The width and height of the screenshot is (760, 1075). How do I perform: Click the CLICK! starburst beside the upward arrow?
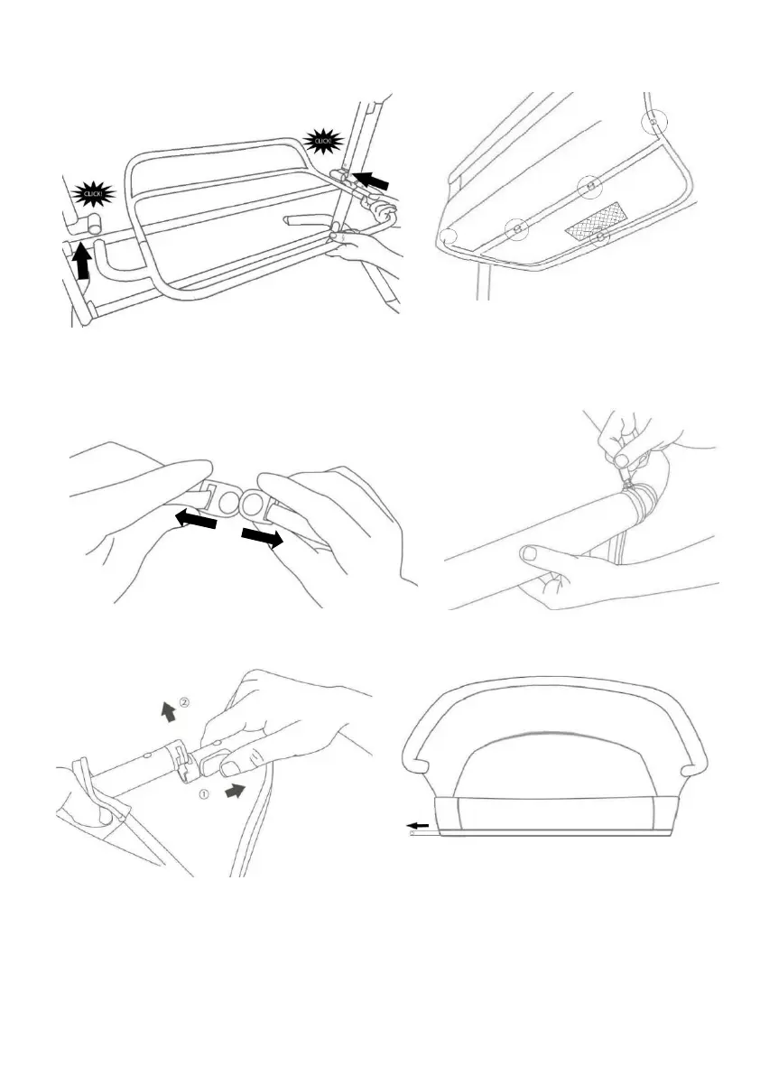coord(94,193)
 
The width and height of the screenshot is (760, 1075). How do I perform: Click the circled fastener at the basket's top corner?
coord(653,120)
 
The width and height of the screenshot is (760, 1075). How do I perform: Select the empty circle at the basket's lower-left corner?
coord(450,236)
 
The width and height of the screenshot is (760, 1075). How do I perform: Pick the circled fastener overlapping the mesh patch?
coord(599,239)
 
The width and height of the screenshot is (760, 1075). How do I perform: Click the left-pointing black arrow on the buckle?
coord(198,521)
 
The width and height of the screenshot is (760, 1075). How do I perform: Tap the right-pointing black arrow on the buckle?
coord(261,539)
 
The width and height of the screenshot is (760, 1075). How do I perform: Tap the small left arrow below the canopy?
coord(417,825)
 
